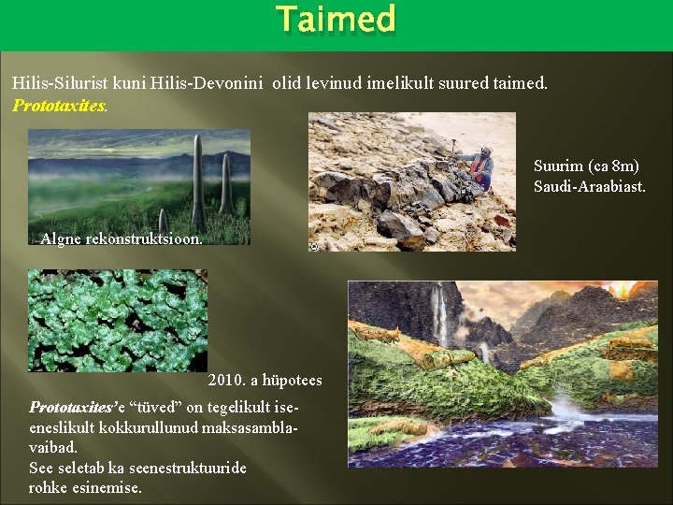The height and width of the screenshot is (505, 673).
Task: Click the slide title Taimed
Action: point(336,20)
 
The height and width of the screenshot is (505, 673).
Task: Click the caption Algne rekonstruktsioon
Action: point(121,238)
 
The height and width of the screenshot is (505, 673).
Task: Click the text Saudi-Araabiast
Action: point(589,187)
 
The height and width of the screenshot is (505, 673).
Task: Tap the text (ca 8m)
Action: point(611,166)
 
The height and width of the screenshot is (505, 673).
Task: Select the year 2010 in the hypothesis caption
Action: point(227,380)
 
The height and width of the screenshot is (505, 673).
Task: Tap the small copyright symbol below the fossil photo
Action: point(313,247)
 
